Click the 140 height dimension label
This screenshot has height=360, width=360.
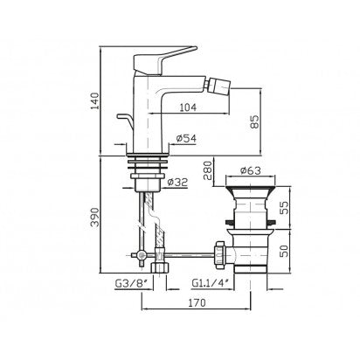95,100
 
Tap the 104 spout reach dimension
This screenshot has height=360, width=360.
188,107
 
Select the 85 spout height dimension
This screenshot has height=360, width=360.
253,121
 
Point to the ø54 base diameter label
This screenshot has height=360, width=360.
186,138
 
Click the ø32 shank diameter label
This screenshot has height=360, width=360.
178,183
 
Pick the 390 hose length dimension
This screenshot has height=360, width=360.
95,218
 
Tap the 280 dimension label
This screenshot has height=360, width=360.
209,170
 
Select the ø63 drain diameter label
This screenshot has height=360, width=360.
251,170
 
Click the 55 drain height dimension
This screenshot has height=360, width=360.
284,208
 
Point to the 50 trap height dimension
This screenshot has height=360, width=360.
284,251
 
